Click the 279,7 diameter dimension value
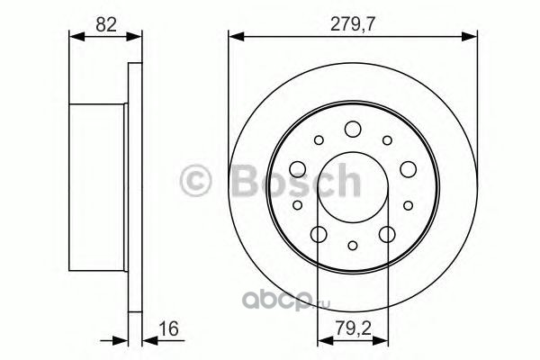click(352, 25)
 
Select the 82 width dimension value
click(106, 25)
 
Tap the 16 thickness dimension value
click(169, 328)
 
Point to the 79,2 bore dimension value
click(354, 328)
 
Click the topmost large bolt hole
click(353, 130)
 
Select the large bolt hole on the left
click(298, 169)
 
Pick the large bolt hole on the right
click(408, 169)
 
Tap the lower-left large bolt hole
click(319, 234)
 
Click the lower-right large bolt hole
click(387, 234)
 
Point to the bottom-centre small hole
click(353, 246)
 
